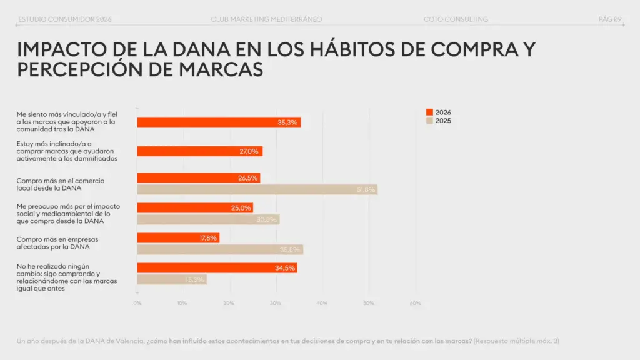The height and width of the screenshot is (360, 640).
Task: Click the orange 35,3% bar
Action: (219, 122)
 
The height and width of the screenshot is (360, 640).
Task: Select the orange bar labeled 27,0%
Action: (199, 151)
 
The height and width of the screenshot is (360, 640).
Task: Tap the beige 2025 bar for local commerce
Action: (257, 189)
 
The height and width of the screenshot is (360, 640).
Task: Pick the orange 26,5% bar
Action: (198, 178)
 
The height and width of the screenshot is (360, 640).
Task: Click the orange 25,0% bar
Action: (195, 208)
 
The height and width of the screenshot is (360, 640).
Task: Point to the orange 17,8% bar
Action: (178, 238)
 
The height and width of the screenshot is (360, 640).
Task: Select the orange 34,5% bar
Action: (217, 268)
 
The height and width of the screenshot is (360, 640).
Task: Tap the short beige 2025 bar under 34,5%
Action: (172, 279)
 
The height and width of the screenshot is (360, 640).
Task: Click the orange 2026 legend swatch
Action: (429, 112)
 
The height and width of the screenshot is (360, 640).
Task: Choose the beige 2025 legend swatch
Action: (429, 121)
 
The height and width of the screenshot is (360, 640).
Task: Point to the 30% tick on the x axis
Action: (276, 303)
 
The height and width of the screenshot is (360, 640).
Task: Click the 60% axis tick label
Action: (415, 303)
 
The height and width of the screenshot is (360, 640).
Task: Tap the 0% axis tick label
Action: (137, 303)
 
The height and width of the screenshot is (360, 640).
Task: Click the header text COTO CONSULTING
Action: (455, 19)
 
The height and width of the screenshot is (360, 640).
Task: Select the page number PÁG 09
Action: (610, 19)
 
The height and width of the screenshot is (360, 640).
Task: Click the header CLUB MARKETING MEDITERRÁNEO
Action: (267, 19)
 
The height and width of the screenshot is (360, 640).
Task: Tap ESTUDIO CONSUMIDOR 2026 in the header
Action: (65, 19)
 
